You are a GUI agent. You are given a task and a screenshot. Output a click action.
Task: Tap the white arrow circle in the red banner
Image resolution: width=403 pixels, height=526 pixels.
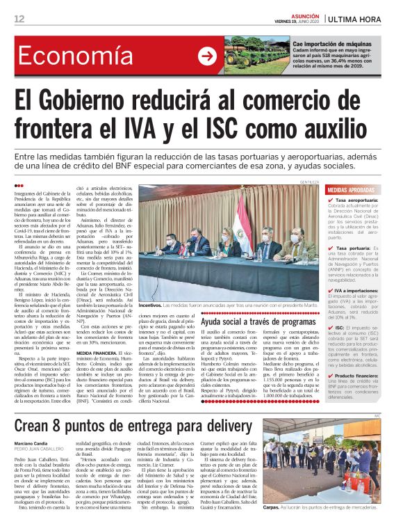[x=208, y=56]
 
